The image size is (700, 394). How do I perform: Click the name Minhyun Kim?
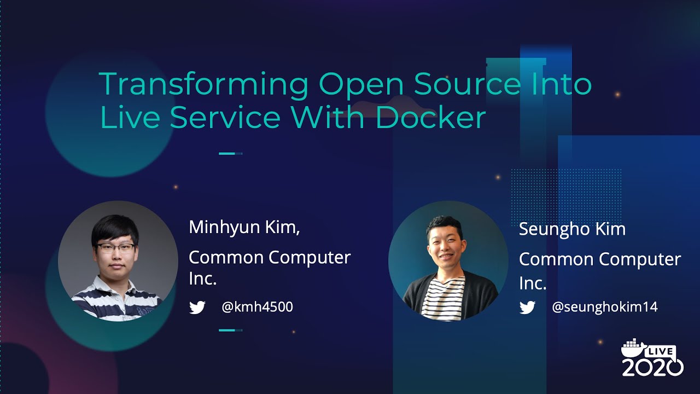(x=244, y=227)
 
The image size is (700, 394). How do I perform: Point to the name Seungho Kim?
(x=572, y=229)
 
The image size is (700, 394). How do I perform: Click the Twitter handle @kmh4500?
(x=257, y=307)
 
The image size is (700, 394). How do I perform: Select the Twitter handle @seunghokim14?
(x=605, y=307)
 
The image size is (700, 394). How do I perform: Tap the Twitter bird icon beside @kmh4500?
(x=197, y=308)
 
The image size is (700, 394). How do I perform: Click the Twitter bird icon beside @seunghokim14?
(x=527, y=308)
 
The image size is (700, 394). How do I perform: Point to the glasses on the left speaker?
(x=115, y=247)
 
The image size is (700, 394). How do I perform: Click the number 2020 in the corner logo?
(x=652, y=367)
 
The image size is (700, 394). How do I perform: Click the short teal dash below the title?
(x=230, y=154)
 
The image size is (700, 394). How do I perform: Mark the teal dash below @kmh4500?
(x=230, y=330)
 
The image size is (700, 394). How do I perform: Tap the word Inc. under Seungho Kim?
(x=533, y=283)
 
